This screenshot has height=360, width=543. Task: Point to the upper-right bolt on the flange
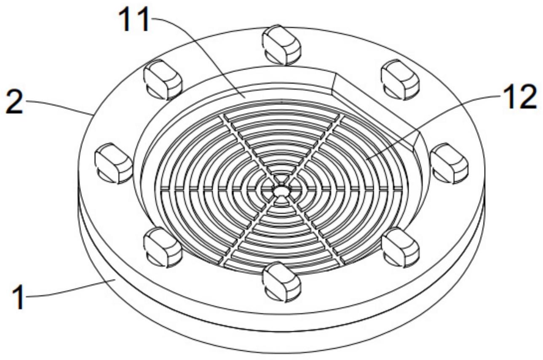tap(401, 79)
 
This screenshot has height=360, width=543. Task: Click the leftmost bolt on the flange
tap(113, 162)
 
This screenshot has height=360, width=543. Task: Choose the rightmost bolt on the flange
tap(450, 162)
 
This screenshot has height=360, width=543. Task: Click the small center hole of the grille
tap(279, 191)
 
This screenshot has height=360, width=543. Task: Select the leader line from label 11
tap(198, 55)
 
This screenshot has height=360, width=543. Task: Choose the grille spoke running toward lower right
tap(316, 236)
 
